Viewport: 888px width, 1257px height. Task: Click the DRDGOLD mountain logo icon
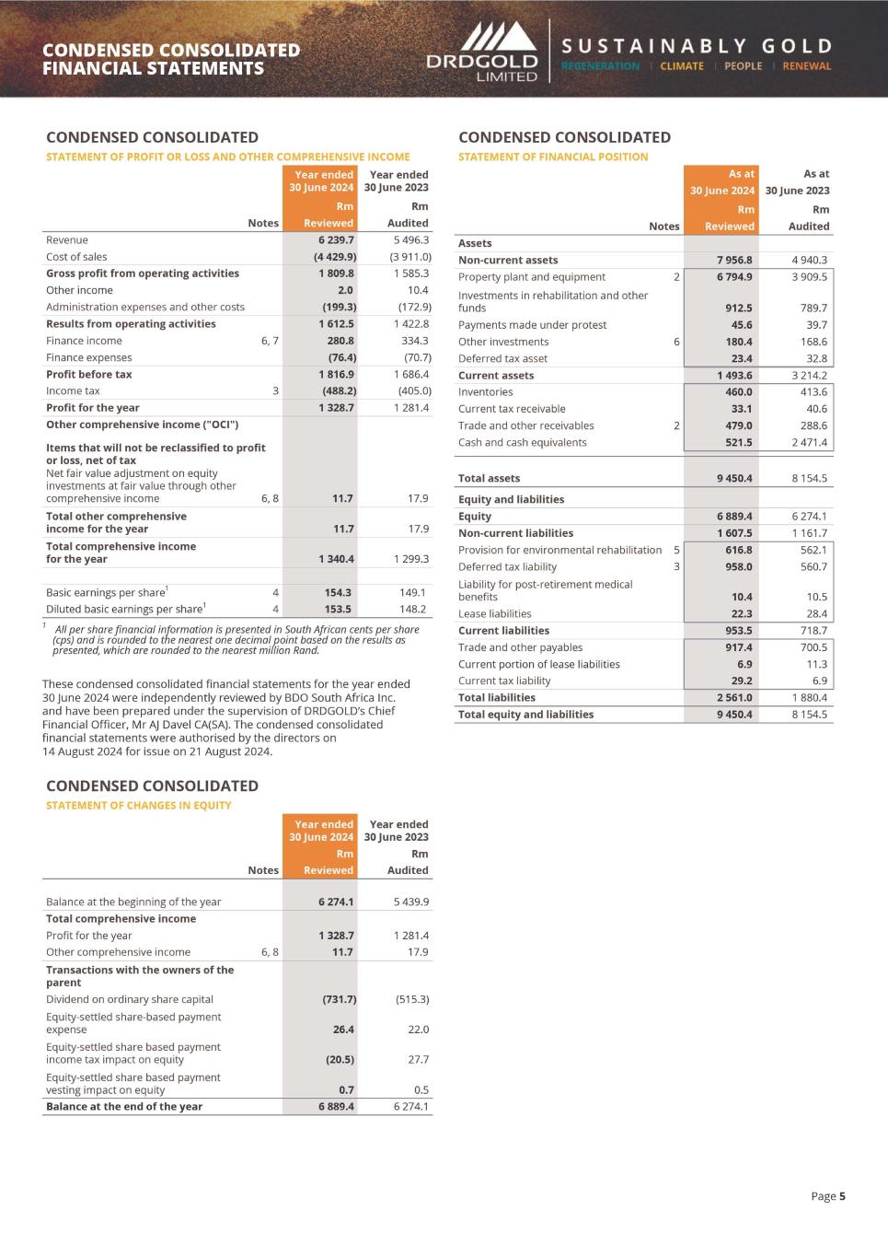pos(497,38)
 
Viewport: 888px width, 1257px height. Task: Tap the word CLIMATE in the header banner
pos(681,66)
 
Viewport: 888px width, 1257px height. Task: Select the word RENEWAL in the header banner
pos(806,66)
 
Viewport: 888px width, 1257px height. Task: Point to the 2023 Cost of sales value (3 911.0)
pos(409,257)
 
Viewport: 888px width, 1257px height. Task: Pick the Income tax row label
pos(73,391)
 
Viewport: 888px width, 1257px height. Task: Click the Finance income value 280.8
pos(340,341)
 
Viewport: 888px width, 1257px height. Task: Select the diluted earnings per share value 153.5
pos(338,609)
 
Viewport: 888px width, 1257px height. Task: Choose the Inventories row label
pos(485,392)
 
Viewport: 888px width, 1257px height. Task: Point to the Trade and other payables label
pos(520,647)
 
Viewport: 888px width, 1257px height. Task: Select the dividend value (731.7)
pos(339,999)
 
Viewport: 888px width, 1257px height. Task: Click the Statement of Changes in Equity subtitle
pos(138,805)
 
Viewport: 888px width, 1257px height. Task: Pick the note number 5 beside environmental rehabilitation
pos(676,550)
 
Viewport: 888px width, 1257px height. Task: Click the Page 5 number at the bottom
pos(828,1196)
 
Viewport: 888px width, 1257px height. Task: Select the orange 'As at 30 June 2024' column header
pos(722,182)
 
